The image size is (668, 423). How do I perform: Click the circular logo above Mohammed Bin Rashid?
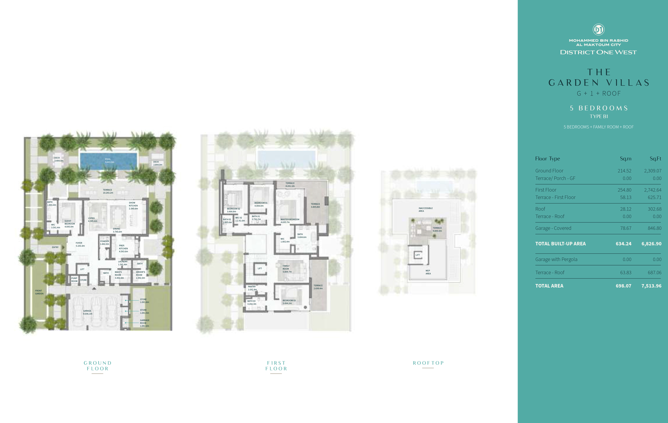click(598, 29)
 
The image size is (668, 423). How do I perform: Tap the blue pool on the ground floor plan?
click(108, 161)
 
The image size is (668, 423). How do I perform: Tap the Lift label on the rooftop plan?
click(418, 255)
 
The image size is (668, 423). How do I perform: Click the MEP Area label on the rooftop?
click(428, 272)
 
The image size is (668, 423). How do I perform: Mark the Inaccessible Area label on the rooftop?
click(426, 210)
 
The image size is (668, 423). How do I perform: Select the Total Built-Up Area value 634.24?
click(623, 244)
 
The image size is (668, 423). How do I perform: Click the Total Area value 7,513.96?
click(651, 286)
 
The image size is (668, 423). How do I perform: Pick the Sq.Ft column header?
click(655, 158)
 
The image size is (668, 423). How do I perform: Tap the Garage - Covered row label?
click(553, 228)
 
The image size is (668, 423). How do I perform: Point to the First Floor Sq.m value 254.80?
click(624, 190)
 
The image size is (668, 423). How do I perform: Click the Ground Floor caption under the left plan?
click(98, 366)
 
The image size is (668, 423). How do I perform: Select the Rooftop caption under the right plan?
click(428, 363)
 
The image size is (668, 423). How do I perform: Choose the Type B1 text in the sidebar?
click(599, 116)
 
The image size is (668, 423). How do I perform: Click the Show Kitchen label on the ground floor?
click(133, 206)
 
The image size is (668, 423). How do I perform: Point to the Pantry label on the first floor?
click(252, 287)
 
